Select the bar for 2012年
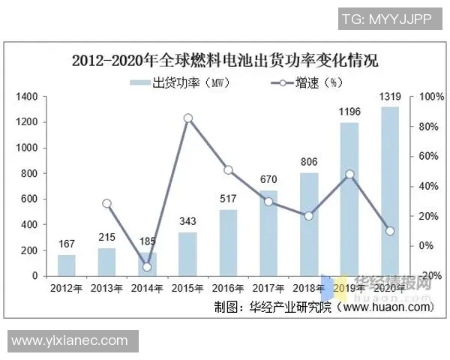pyautogui.click(x=67, y=265)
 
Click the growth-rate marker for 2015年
pyautogui.click(x=188, y=118)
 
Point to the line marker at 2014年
pyautogui.click(x=147, y=266)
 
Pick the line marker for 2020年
pyautogui.click(x=390, y=230)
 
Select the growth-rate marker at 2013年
pyautogui.click(x=106, y=203)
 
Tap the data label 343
pyautogui.click(x=187, y=222)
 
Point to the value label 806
pyautogui.click(x=309, y=162)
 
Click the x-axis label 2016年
pyautogui.click(x=228, y=289)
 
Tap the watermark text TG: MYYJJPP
pyautogui.click(x=386, y=19)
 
